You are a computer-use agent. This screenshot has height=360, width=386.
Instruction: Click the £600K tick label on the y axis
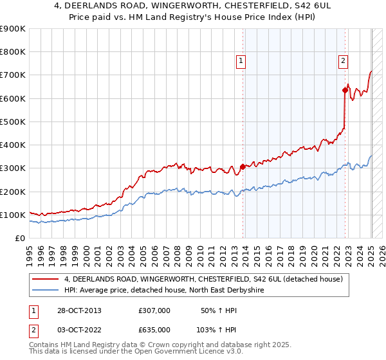12,98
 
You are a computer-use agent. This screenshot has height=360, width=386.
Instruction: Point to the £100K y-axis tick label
12,215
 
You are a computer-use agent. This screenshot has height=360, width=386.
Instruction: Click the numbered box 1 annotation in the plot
241,61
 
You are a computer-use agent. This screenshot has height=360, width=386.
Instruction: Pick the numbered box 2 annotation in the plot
343,61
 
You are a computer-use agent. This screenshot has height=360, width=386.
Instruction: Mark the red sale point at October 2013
243,166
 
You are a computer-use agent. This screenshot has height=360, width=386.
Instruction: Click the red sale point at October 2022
345,91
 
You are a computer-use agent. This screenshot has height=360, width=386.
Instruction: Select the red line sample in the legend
45,279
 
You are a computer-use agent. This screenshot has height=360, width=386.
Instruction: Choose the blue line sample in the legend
45,290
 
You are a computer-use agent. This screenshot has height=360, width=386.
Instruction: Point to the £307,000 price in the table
154,310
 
